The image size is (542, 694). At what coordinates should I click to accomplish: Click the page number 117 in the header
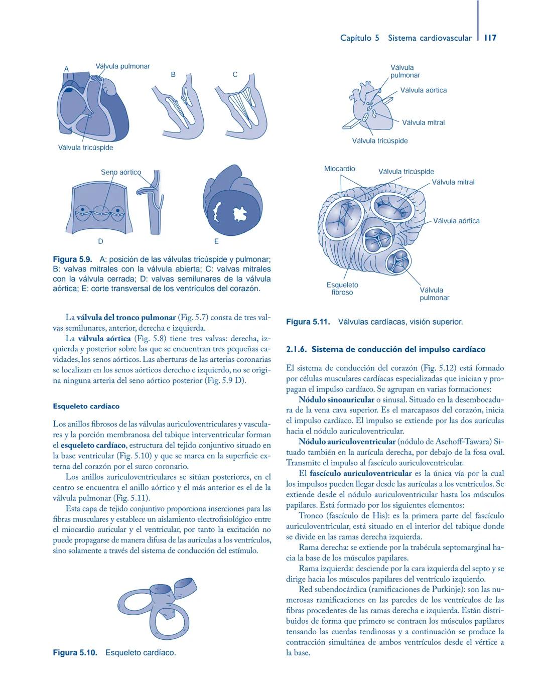[x=490, y=38]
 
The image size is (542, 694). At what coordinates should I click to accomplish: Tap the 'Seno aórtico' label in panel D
[x=121, y=172]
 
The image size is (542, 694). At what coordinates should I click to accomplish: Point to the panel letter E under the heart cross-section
[x=216, y=241]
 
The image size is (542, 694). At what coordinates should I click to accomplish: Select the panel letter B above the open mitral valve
[x=173, y=74]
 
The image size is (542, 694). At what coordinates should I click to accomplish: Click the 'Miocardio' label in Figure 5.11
[x=339, y=169]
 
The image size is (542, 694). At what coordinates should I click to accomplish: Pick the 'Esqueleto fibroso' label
[x=342, y=289]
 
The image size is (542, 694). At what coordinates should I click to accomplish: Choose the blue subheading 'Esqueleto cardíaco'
[x=86, y=406]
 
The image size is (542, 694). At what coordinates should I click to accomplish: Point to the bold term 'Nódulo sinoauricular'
[x=336, y=400]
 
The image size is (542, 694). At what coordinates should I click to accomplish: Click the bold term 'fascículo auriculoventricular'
[x=360, y=473]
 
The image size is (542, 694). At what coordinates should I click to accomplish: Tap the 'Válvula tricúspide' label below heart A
[x=85, y=148]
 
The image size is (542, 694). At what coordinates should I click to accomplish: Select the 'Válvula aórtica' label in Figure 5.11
[x=456, y=221]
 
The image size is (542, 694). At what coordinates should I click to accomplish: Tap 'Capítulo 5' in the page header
[x=359, y=38]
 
